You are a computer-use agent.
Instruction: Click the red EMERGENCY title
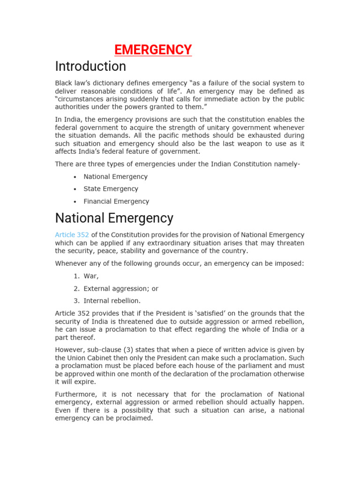(x=153, y=50)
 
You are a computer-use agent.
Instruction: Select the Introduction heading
(x=90, y=66)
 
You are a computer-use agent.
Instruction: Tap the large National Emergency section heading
(x=114, y=218)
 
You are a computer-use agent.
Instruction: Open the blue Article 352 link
(x=72, y=235)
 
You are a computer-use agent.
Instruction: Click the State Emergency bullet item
(x=111, y=189)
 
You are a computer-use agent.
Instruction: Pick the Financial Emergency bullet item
(x=116, y=202)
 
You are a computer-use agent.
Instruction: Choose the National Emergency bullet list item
(x=115, y=177)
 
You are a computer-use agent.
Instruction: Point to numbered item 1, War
(x=91, y=277)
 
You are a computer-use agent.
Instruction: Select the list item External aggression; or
(x=121, y=289)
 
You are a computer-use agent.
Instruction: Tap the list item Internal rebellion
(x=112, y=301)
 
